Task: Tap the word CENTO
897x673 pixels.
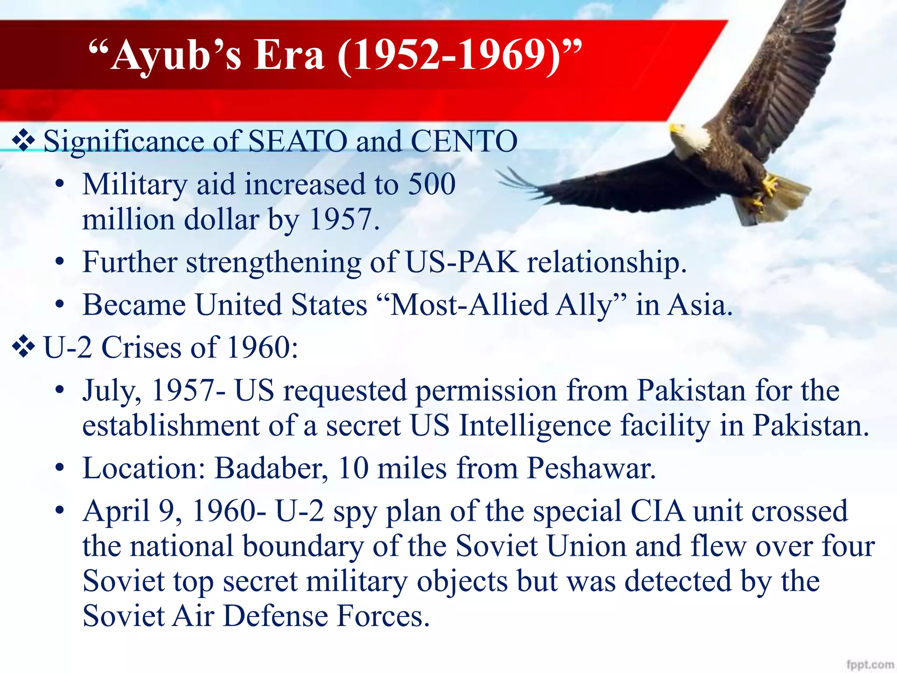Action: [464, 142]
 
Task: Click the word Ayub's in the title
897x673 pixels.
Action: [175, 55]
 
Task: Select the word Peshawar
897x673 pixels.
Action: [591, 468]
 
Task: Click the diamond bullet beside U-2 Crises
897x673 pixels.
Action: [24, 347]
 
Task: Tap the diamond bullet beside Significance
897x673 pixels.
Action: [24, 141]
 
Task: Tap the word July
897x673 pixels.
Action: [112, 390]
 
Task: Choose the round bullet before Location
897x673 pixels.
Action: [60, 468]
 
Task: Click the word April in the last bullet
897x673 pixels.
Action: [117, 511]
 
